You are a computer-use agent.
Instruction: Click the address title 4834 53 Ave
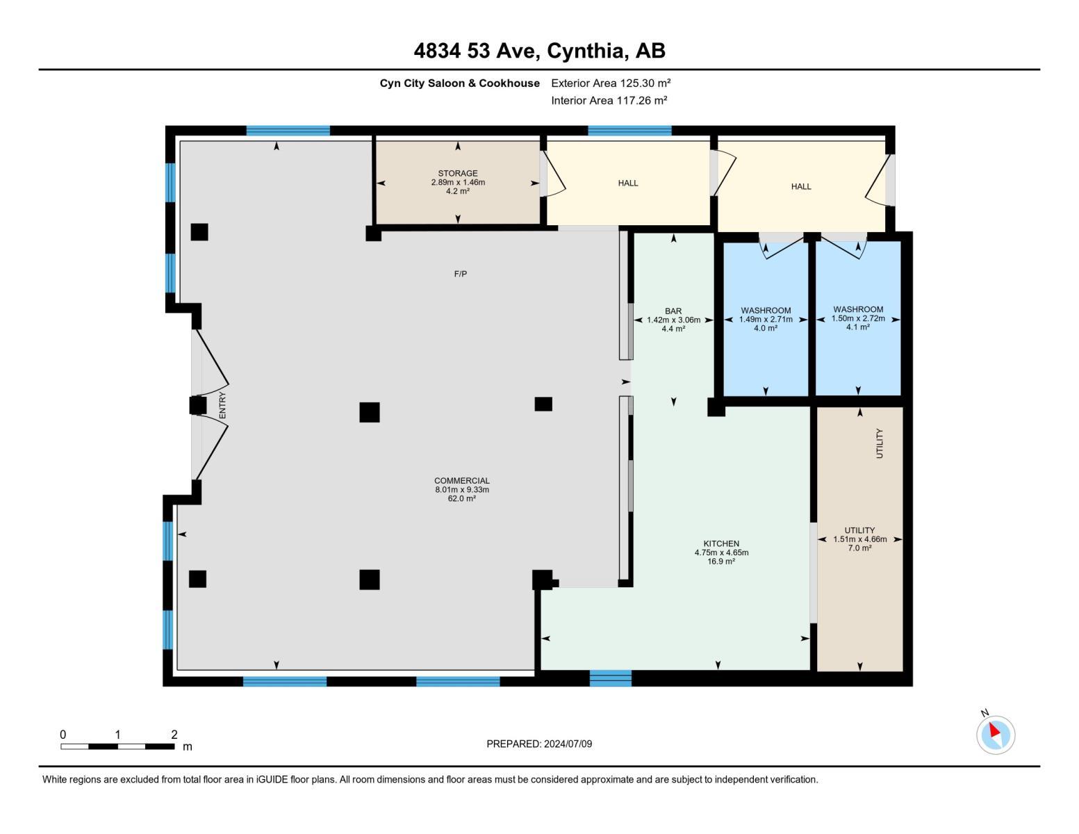pos(539,51)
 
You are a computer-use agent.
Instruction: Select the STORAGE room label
pos(457,173)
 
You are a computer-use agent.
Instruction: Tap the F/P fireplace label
pos(460,274)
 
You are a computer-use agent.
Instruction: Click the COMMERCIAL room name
pos(461,480)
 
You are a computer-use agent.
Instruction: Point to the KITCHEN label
pos(721,543)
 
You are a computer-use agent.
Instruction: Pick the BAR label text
pos(673,311)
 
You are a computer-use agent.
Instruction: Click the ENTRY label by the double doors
pos(222,405)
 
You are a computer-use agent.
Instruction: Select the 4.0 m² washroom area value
pos(765,328)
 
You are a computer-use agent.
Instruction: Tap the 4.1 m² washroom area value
pos(857,327)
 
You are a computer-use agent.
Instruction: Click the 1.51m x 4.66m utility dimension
pos(859,539)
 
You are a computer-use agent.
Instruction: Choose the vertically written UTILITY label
pos(879,443)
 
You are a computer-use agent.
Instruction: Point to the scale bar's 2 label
pos(174,735)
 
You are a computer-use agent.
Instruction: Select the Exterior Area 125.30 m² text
pos(610,83)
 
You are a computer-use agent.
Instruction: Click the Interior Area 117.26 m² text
pos(609,100)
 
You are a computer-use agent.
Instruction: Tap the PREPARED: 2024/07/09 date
pos(539,744)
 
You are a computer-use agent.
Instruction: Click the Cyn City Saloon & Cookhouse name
pos(459,83)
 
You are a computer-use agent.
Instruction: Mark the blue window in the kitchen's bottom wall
pos(610,678)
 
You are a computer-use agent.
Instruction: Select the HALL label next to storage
pos(627,183)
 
